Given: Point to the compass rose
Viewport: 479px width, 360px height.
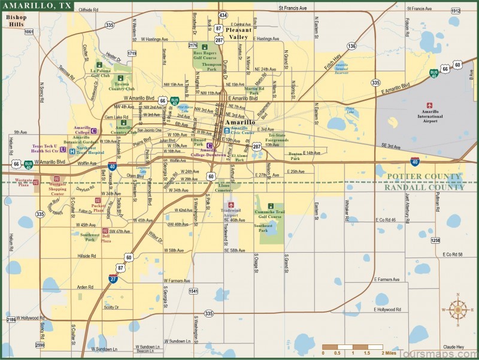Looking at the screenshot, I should pos(459,309).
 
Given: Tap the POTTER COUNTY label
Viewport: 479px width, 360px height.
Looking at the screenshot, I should pos(425,177).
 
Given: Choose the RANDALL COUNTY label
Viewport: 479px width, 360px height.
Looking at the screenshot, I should pos(425,187).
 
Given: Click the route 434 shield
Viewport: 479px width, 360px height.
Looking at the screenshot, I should pos(223,14).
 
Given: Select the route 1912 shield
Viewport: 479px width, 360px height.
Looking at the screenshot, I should pos(456,11).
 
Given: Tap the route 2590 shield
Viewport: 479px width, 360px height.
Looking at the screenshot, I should pos(40,345).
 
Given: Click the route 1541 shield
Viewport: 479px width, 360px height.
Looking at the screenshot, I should pos(193,291).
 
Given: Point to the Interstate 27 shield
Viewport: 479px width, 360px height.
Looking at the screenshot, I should pos(113,278).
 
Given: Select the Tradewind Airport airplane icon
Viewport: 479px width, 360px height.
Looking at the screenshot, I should pos(230,205).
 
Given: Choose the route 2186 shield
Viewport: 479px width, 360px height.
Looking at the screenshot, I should pos(11,320).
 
